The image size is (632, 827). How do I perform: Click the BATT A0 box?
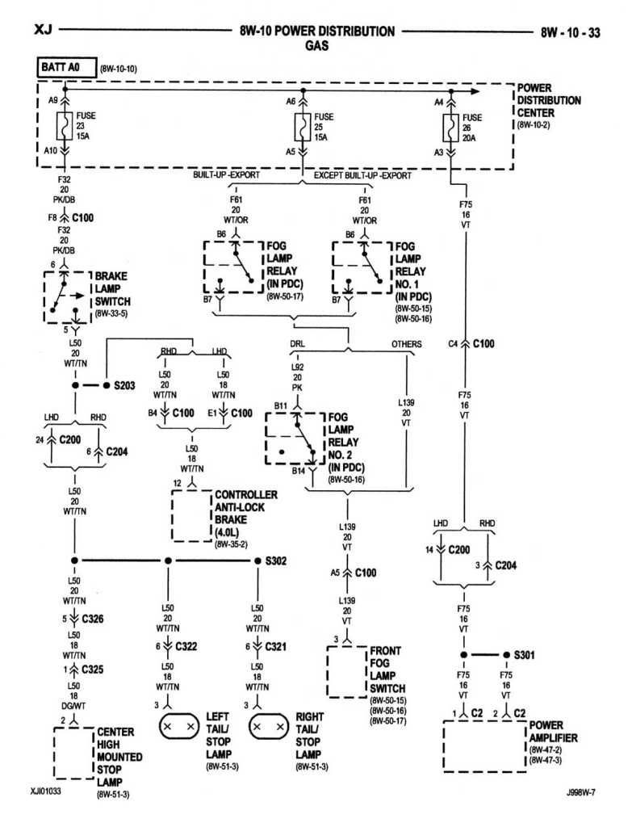pyautogui.click(x=67, y=68)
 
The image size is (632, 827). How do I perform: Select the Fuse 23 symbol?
pyautogui.click(x=65, y=125)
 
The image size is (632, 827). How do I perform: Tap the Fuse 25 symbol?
pyautogui.click(x=303, y=127)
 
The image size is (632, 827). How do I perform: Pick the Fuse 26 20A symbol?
pyautogui.click(x=450, y=128)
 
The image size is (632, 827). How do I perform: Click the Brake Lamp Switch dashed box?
pyautogui.click(x=68, y=297)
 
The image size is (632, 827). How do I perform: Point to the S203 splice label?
pyautogui.click(x=124, y=385)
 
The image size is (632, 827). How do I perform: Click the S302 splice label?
pyautogui.click(x=276, y=560)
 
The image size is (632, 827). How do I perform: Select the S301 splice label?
pyautogui.click(x=524, y=655)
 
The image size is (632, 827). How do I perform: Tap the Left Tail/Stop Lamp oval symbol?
pyautogui.click(x=178, y=727)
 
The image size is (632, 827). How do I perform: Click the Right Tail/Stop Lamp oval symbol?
pyautogui.click(x=268, y=727)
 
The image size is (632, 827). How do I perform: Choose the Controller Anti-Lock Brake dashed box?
pyautogui.click(x=192, y=516)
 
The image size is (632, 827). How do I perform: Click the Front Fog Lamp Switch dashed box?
pyautogui.click(x=346, y=672)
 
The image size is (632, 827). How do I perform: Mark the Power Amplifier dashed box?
pyautogui.click(x=485, y=746)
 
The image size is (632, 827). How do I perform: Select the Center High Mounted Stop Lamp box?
pyautogui.click(x=73, y=754)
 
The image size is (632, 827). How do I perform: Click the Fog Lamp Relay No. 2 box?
pyautogui.click(x=295, y=439)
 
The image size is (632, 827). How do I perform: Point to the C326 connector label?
pyautogui.click(x=92, y=619)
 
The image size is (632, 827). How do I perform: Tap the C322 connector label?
pyautogui.click(x=186, y=646)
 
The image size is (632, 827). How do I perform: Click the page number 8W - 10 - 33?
pyautogui.click(x=571, y=32)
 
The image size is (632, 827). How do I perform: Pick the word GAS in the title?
pyautogui.click(x=316, y=46)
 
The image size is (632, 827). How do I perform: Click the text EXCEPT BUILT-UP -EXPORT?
pyautogui.click(x=362, y=175)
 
